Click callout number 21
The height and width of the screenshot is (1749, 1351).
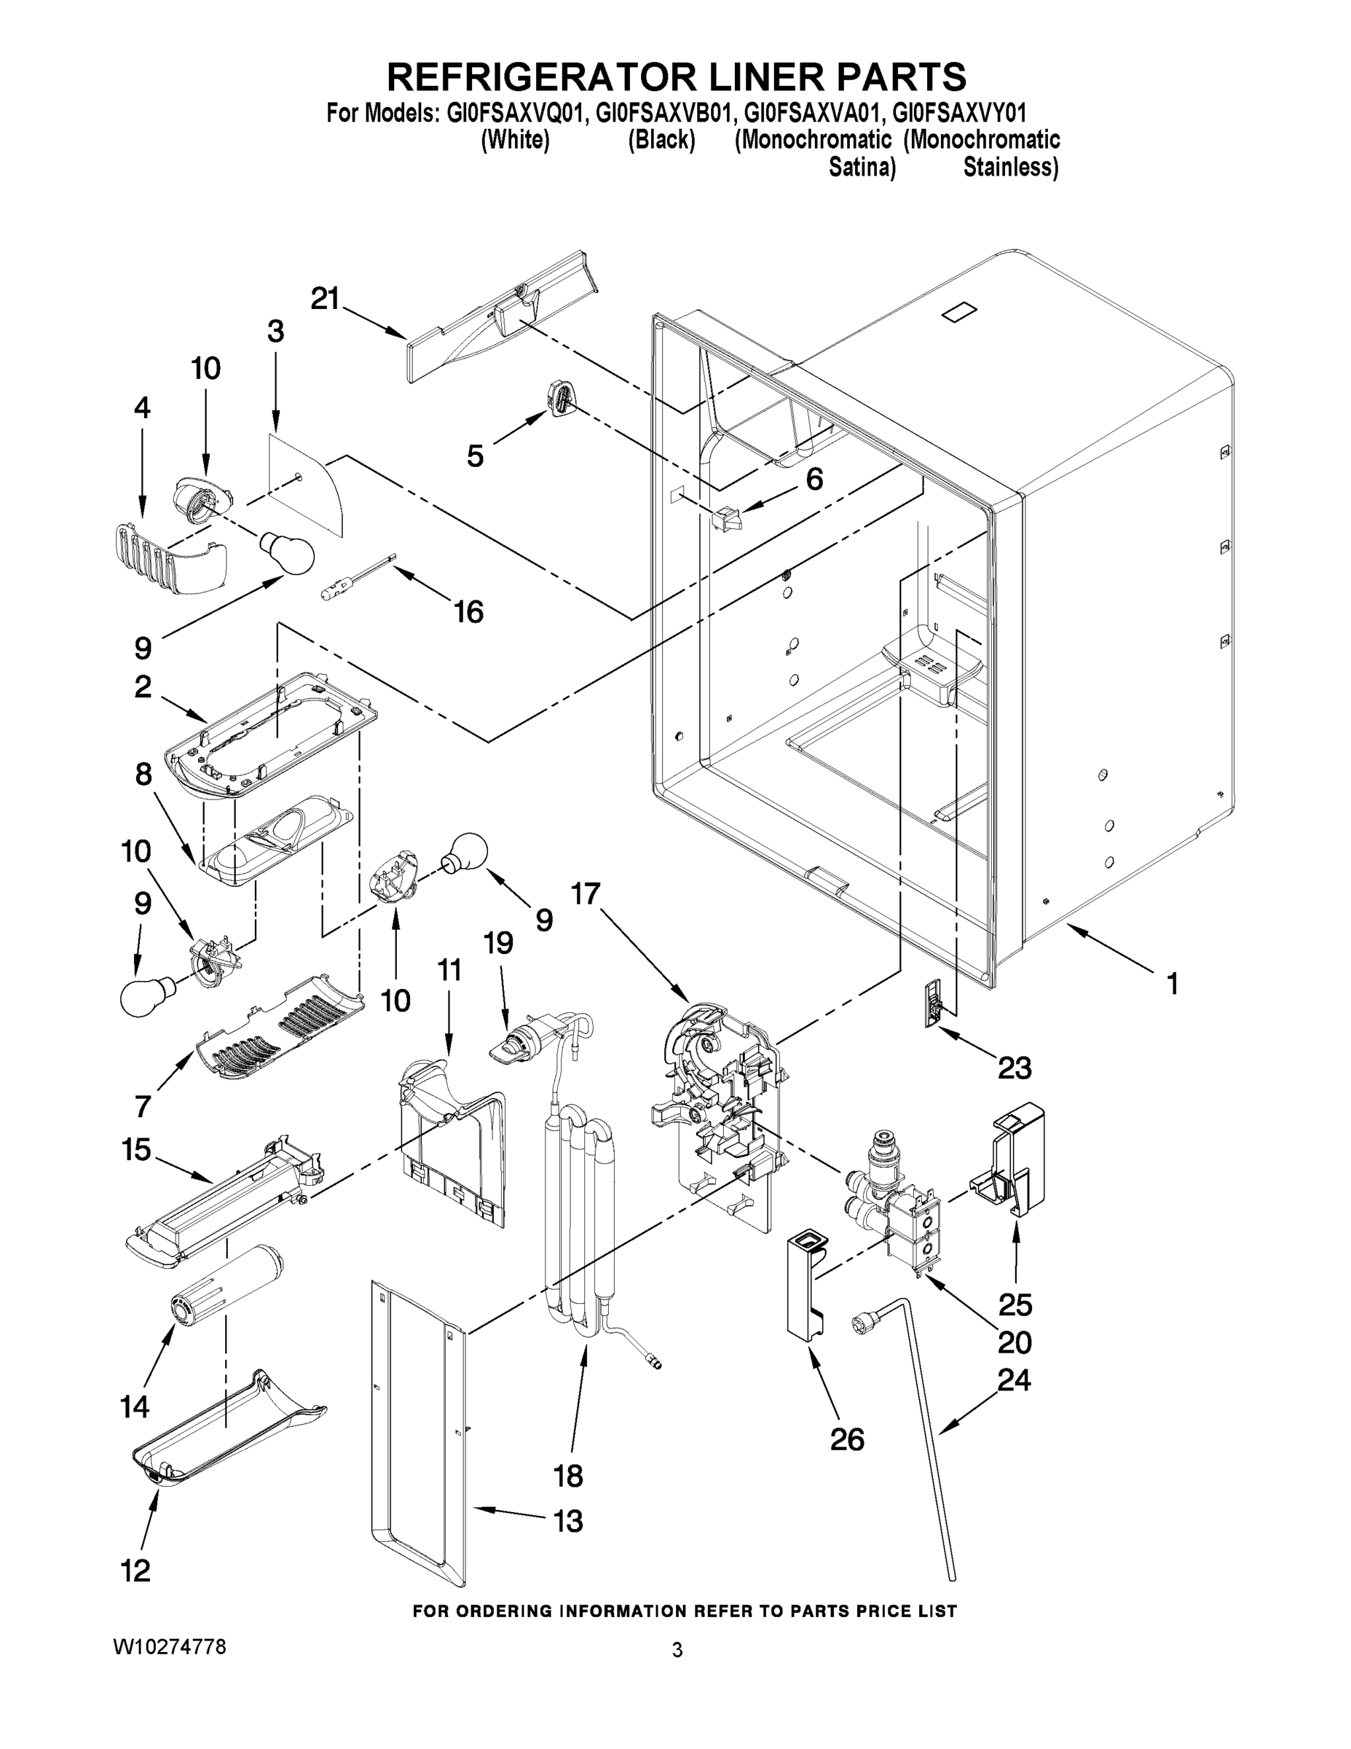[326, 300]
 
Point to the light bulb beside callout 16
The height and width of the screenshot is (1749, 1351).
[285, 553]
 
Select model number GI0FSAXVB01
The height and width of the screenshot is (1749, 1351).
[661, 112]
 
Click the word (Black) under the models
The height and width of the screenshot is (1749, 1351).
[661, 140]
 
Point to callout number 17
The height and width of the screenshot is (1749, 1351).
[586, 893]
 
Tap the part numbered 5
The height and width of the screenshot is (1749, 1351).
[561, 398]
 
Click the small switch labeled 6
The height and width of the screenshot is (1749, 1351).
[725, 520]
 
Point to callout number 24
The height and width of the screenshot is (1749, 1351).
[1014, 1379]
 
